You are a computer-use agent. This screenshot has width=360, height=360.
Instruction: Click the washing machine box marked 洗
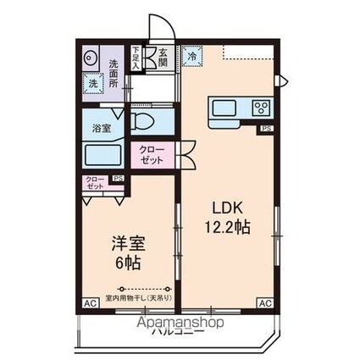pyautogui.click(x=90, y=85)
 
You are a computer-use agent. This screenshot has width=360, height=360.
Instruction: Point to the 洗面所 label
pyautogui.click(x=113, y=72)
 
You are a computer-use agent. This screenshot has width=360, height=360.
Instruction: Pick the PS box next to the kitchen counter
pyautogui.click(x=266, y=129)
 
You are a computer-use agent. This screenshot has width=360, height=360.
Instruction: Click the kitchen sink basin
pyautogui.click(x=226, y=108)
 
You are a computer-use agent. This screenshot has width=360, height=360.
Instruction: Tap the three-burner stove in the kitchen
pyautogui.click(x=259, y=108)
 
